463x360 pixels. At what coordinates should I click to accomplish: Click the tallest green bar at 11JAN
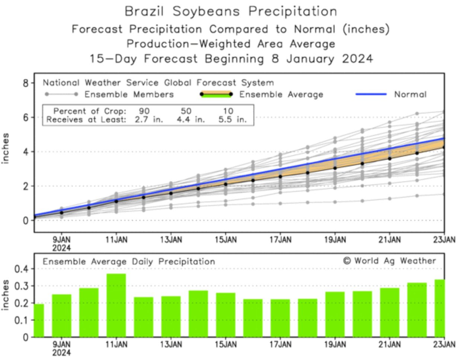click(x=116, y=305)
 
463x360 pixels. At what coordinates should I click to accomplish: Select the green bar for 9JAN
click(x=61, y=316)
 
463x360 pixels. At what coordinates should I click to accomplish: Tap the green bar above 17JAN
click(x=280, y=318)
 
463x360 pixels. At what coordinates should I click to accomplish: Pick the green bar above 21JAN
click(x=389, y=312)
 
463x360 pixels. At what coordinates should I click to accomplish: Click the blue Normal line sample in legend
click(x=371, y=94)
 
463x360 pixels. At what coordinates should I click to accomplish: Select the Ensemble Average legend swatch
click(x=216, y=94)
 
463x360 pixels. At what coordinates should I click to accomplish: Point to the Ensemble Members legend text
click(x=129, y=95)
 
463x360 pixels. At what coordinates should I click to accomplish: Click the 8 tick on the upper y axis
click(x=26, y=83)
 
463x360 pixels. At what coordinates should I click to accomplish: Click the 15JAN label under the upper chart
click(x=226, y=240)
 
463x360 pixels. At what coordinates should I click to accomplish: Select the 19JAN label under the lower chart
click(x=335, y=345)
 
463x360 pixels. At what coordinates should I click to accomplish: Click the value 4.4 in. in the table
click(x=191, y=120)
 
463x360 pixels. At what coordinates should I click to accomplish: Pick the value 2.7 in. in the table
click(x=149, y=120)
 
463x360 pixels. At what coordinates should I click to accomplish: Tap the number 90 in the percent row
click(x=144, y=111)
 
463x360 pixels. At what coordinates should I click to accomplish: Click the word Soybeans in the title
click(x=206, y=11)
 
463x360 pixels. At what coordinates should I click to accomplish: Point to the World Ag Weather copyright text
click(x=389, y=261)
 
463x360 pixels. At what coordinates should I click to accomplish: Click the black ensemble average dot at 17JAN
click(x=280, y=176)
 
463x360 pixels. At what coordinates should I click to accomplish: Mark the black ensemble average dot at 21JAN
click(x=390, y=159)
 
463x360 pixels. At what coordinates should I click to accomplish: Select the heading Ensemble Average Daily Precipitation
click(x=129, y=262)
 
